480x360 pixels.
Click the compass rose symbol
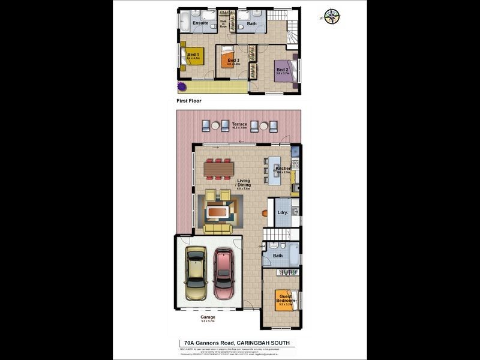coord(331,17)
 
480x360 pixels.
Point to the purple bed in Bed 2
coord(284,70)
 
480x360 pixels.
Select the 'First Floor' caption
coord(188,101)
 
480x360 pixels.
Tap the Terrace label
coord(239,124)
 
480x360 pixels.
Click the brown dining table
coord(218,170)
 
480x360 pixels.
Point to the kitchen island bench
coord(274,169)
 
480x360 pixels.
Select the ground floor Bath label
coord(277,256)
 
